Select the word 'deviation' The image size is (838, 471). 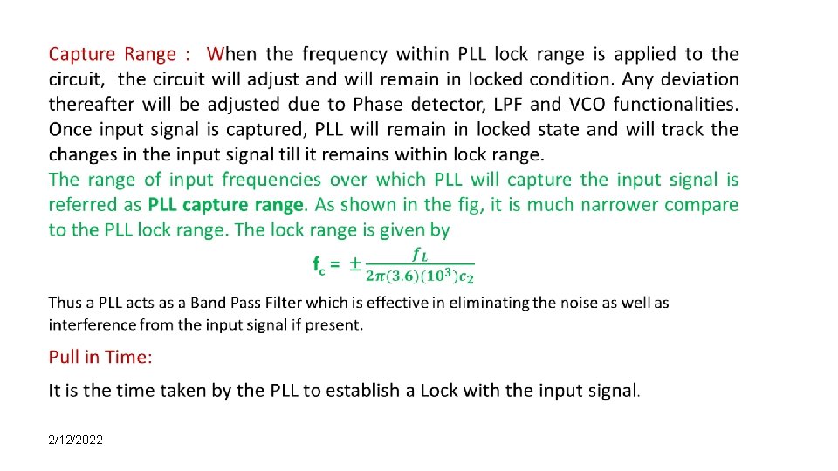pos(697,79)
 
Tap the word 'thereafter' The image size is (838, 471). pos(90,105)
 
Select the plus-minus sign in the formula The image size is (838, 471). pos(355,263)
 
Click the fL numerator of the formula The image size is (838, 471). pos(420,254)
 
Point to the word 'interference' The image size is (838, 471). pos(91,324)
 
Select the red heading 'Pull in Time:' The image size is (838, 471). pos(100,357)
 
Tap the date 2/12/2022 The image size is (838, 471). pos(76,440)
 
